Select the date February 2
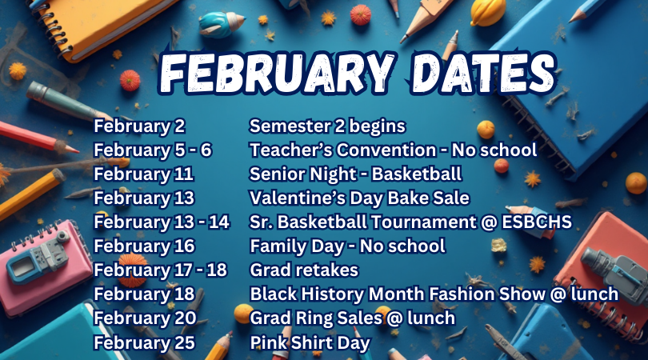coord(139,126)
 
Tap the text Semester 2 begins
coord(328,126)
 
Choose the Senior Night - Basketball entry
coord(356,174)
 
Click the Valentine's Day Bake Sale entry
coord(359,198)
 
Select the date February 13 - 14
coord(162,222)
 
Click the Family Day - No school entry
coord(347,246)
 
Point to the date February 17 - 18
coord(161,270)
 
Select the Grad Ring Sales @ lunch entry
coord(352,318)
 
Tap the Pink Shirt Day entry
coord(310,342)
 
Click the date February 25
coord(145,342)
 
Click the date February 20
coord(145,318)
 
